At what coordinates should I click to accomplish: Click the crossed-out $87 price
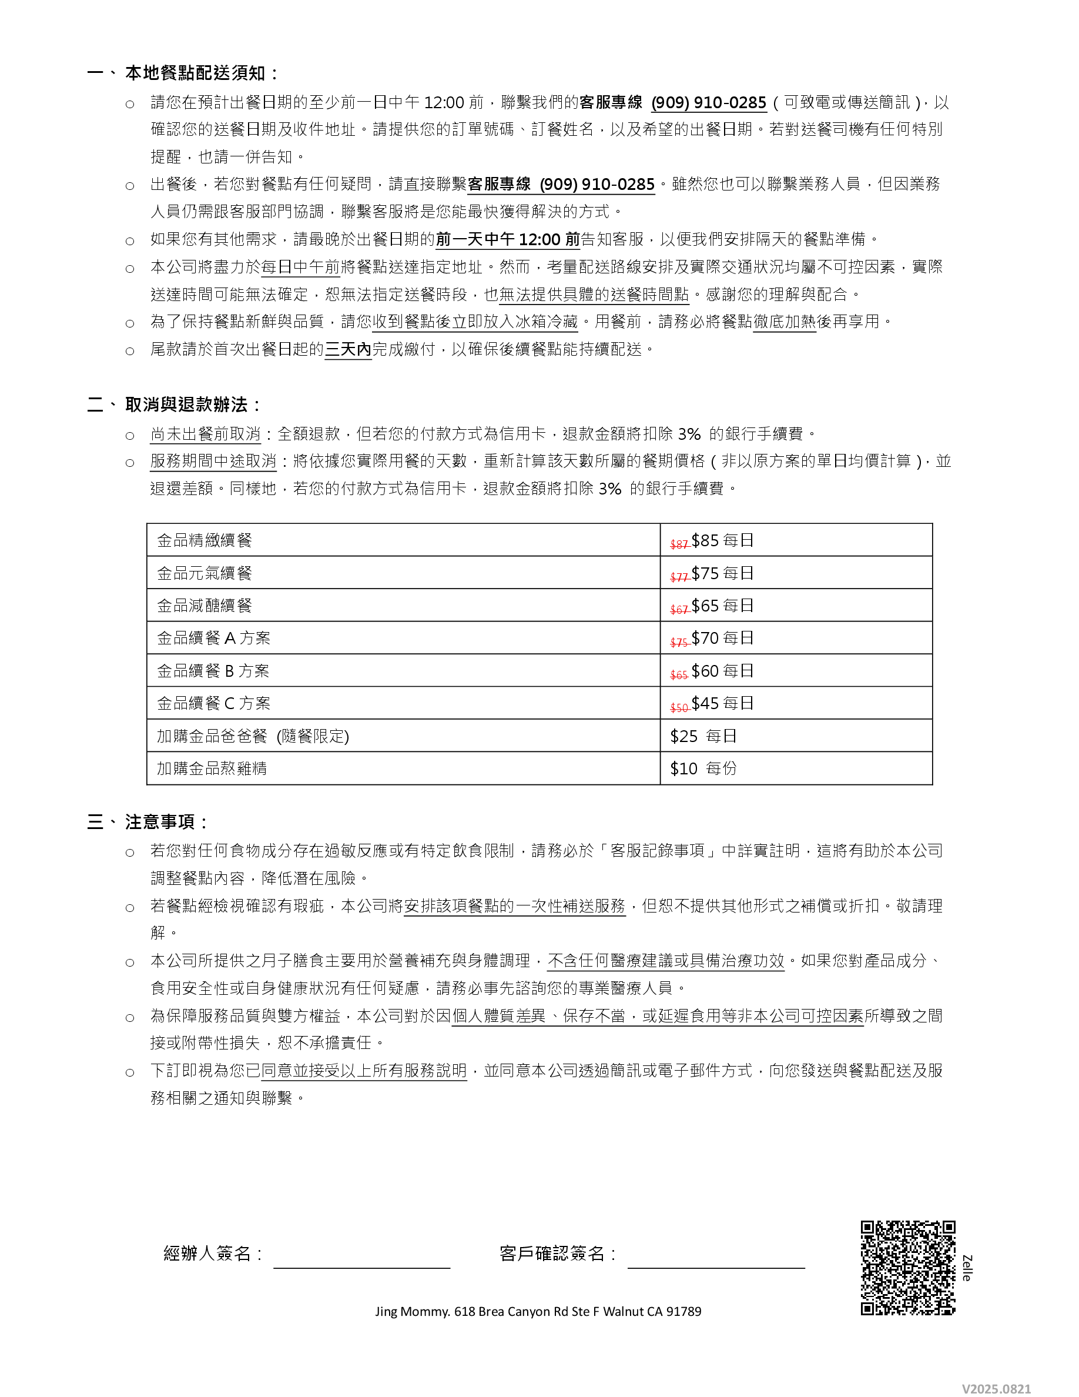coord(678,544)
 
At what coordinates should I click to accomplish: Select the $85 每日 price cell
coord(722,540)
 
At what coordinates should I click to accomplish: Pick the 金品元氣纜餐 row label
coord(205,573)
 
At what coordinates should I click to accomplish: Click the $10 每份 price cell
coord(703,768)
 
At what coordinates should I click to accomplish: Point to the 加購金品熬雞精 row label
coord(212,768)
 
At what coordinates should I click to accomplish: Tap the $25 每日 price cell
coord(703,736)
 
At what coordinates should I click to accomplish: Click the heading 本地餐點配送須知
coord(195,73)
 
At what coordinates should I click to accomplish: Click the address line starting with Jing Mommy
coord(538,1311)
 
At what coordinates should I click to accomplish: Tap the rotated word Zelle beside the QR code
coord(967,1268)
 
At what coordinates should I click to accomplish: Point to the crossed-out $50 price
coord(678,707)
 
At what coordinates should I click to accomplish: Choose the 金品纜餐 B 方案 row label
coord(213,671)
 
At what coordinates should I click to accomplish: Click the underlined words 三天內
coord(348,349)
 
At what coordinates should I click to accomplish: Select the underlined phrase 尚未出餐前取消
coord(205,435)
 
